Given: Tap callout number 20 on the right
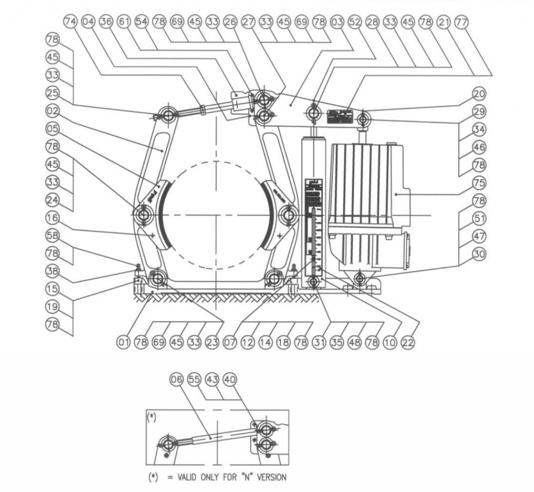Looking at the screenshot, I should click(479, 94).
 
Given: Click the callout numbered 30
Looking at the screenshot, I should click(479, 254).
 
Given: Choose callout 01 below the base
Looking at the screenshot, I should click(123, 342).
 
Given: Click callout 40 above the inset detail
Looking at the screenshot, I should click(229, 381).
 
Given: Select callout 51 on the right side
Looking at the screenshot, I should click(479, 218).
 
